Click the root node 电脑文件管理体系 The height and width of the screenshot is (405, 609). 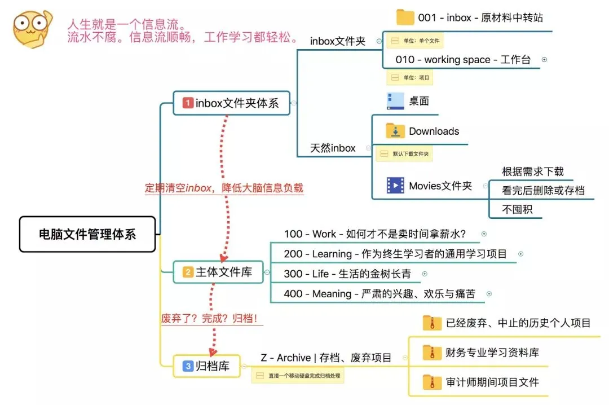[x=87, y=234]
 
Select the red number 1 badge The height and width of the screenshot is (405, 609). [x=188, y=103]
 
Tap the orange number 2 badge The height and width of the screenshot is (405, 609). [x=188, y=272]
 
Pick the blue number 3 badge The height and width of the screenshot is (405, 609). [x=188, y=367]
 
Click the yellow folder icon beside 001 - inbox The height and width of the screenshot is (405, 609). [x=405, y=17]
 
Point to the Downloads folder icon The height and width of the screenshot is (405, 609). [x=395, y=131]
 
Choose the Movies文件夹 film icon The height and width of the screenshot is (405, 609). [x=395, y=186]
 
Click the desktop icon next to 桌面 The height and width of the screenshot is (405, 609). [x=395, y=101]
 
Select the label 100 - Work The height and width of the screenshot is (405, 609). [x=310, y=234]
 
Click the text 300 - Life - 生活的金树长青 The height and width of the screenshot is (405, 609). [x=347, y=274]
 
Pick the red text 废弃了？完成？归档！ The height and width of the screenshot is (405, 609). [x=209, y=318]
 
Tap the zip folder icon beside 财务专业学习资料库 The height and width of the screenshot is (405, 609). [x=432, y=353]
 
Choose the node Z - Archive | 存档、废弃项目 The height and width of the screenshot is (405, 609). [x=326, y=358]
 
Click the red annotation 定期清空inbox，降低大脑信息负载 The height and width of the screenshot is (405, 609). [x=224, y=188]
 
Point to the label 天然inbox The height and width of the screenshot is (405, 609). [x=333, y=148]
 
